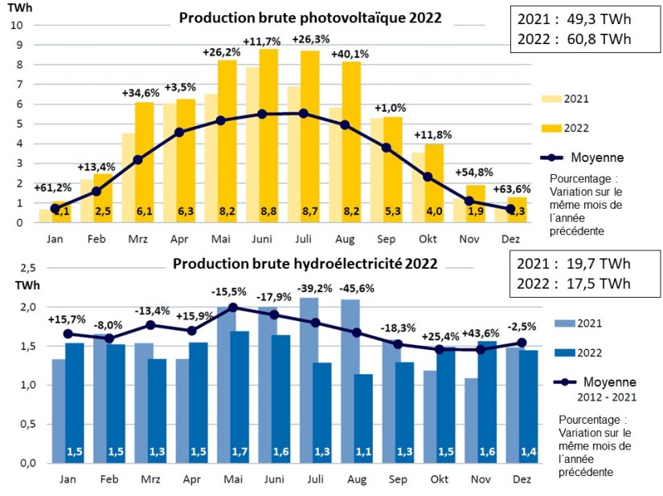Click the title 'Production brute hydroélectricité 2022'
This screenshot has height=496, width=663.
305,264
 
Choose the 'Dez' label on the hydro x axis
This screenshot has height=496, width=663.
510,479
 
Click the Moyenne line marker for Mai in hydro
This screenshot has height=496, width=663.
233,307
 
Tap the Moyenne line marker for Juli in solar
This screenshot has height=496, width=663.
303,113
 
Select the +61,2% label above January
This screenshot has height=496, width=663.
53,188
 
